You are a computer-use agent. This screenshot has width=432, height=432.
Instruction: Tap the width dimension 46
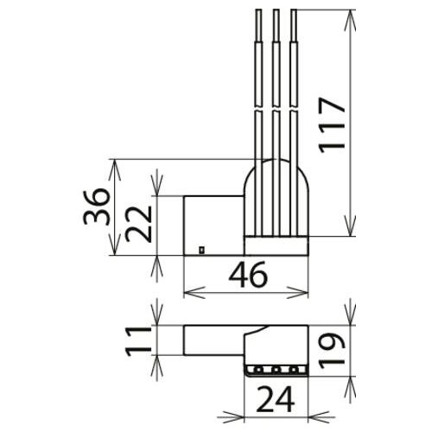tap(247, 276)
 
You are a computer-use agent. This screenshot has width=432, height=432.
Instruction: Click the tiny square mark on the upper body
tap(200, 251)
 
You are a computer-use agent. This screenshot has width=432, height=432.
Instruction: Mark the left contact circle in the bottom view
tap(257, 370)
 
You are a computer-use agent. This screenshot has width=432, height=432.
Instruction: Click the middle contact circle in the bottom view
tap(276, 370)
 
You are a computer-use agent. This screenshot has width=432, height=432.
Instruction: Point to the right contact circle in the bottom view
tap(295, 370)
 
